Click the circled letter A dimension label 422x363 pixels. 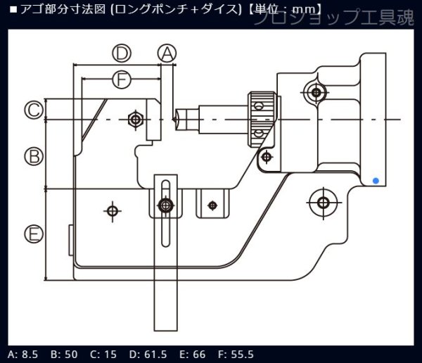pos(166,52)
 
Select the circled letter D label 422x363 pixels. pos(122,53)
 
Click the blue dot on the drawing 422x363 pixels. pos(376,181)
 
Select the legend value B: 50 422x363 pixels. pos(65,354)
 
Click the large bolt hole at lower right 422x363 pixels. pos(323,203)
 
